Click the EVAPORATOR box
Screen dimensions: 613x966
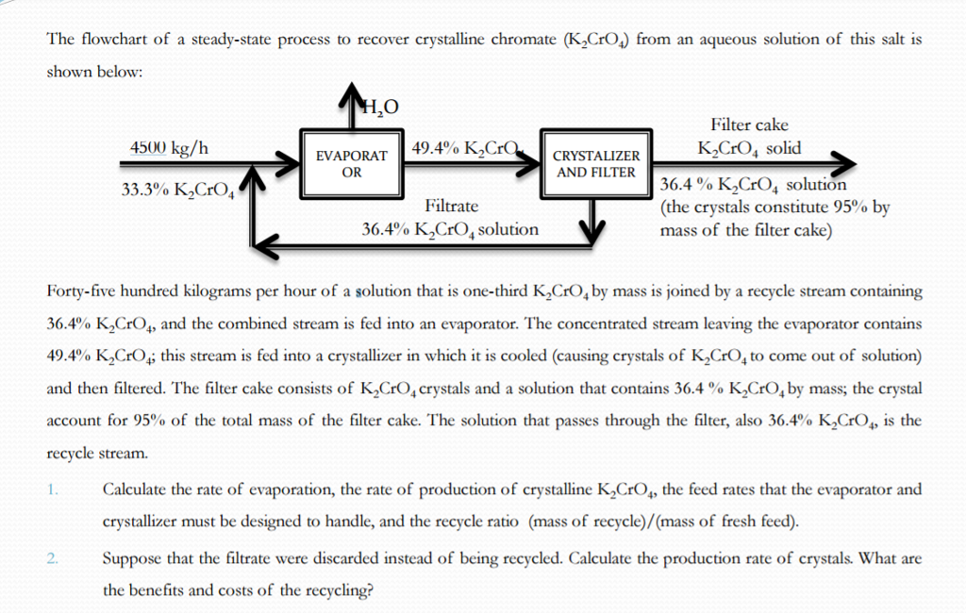click(x=351, y=164)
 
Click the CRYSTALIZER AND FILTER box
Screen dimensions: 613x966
click(x=595, y=164)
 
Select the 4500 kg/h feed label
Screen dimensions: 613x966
click(x=171, y=149)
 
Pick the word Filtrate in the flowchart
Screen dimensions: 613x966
click(x=451, y=206)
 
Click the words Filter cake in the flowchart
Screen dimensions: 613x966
click(x=749, y=124)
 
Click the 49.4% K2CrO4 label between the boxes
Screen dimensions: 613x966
click(x=467, y=149)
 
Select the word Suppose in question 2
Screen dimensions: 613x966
click(x=131, y=559)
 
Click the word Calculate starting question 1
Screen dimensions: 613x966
click(x=136, y=489)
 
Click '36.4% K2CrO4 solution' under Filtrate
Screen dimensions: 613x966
click(x=451, y=229)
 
